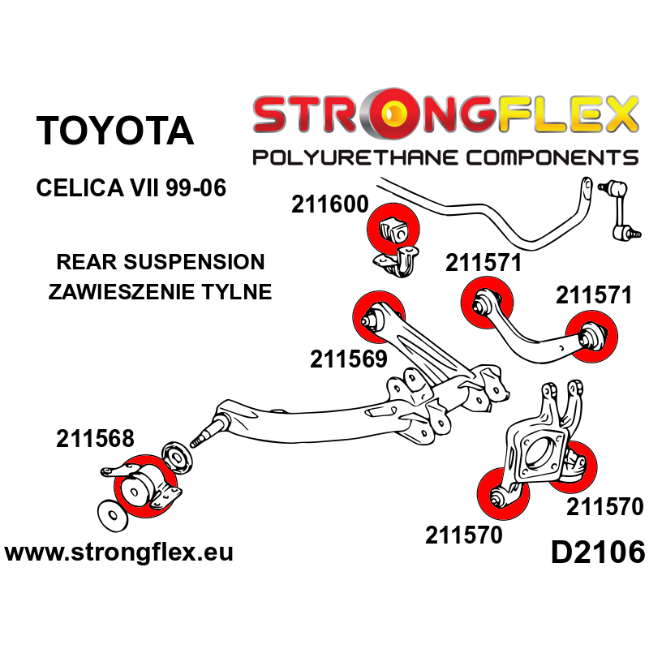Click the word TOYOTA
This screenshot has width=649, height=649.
click(115, 131)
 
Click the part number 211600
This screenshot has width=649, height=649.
click(330, 206)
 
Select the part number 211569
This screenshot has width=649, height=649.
click(348, 359)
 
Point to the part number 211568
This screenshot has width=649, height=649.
click(95, 439)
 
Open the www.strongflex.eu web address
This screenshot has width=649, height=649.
click(118, 553)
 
